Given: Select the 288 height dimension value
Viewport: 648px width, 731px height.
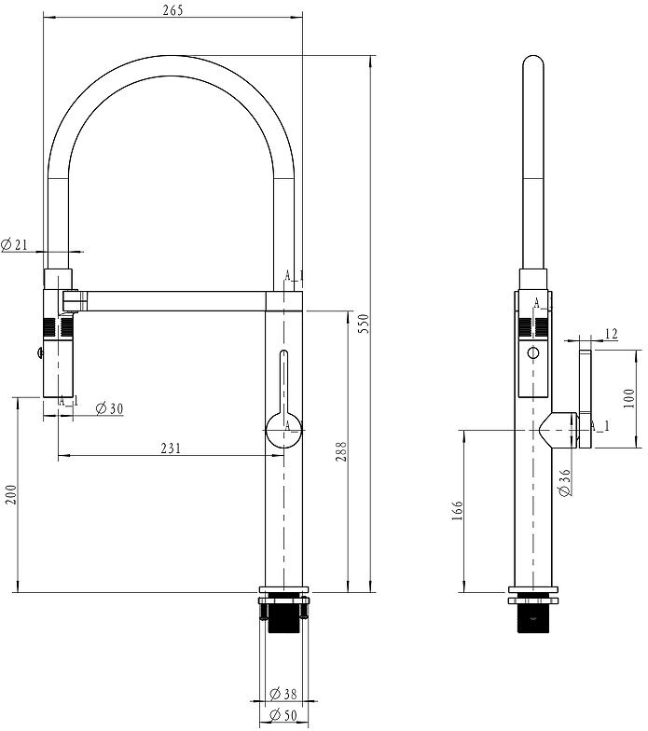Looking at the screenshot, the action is click(x=341, y=451).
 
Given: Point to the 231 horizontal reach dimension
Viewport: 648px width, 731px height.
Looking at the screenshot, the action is click(x=170, y=448).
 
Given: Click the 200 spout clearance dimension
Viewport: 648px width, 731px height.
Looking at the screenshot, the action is click(x=10, y=494).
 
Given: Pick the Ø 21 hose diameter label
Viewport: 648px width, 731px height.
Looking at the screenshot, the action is click(x=14, y=244).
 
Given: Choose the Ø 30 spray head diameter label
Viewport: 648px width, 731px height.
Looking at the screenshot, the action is click(x=110, y=408).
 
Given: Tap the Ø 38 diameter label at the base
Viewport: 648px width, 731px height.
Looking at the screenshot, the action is click(x=283, y=694).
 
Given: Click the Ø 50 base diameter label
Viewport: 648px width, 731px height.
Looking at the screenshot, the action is click(x=283, y=714).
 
